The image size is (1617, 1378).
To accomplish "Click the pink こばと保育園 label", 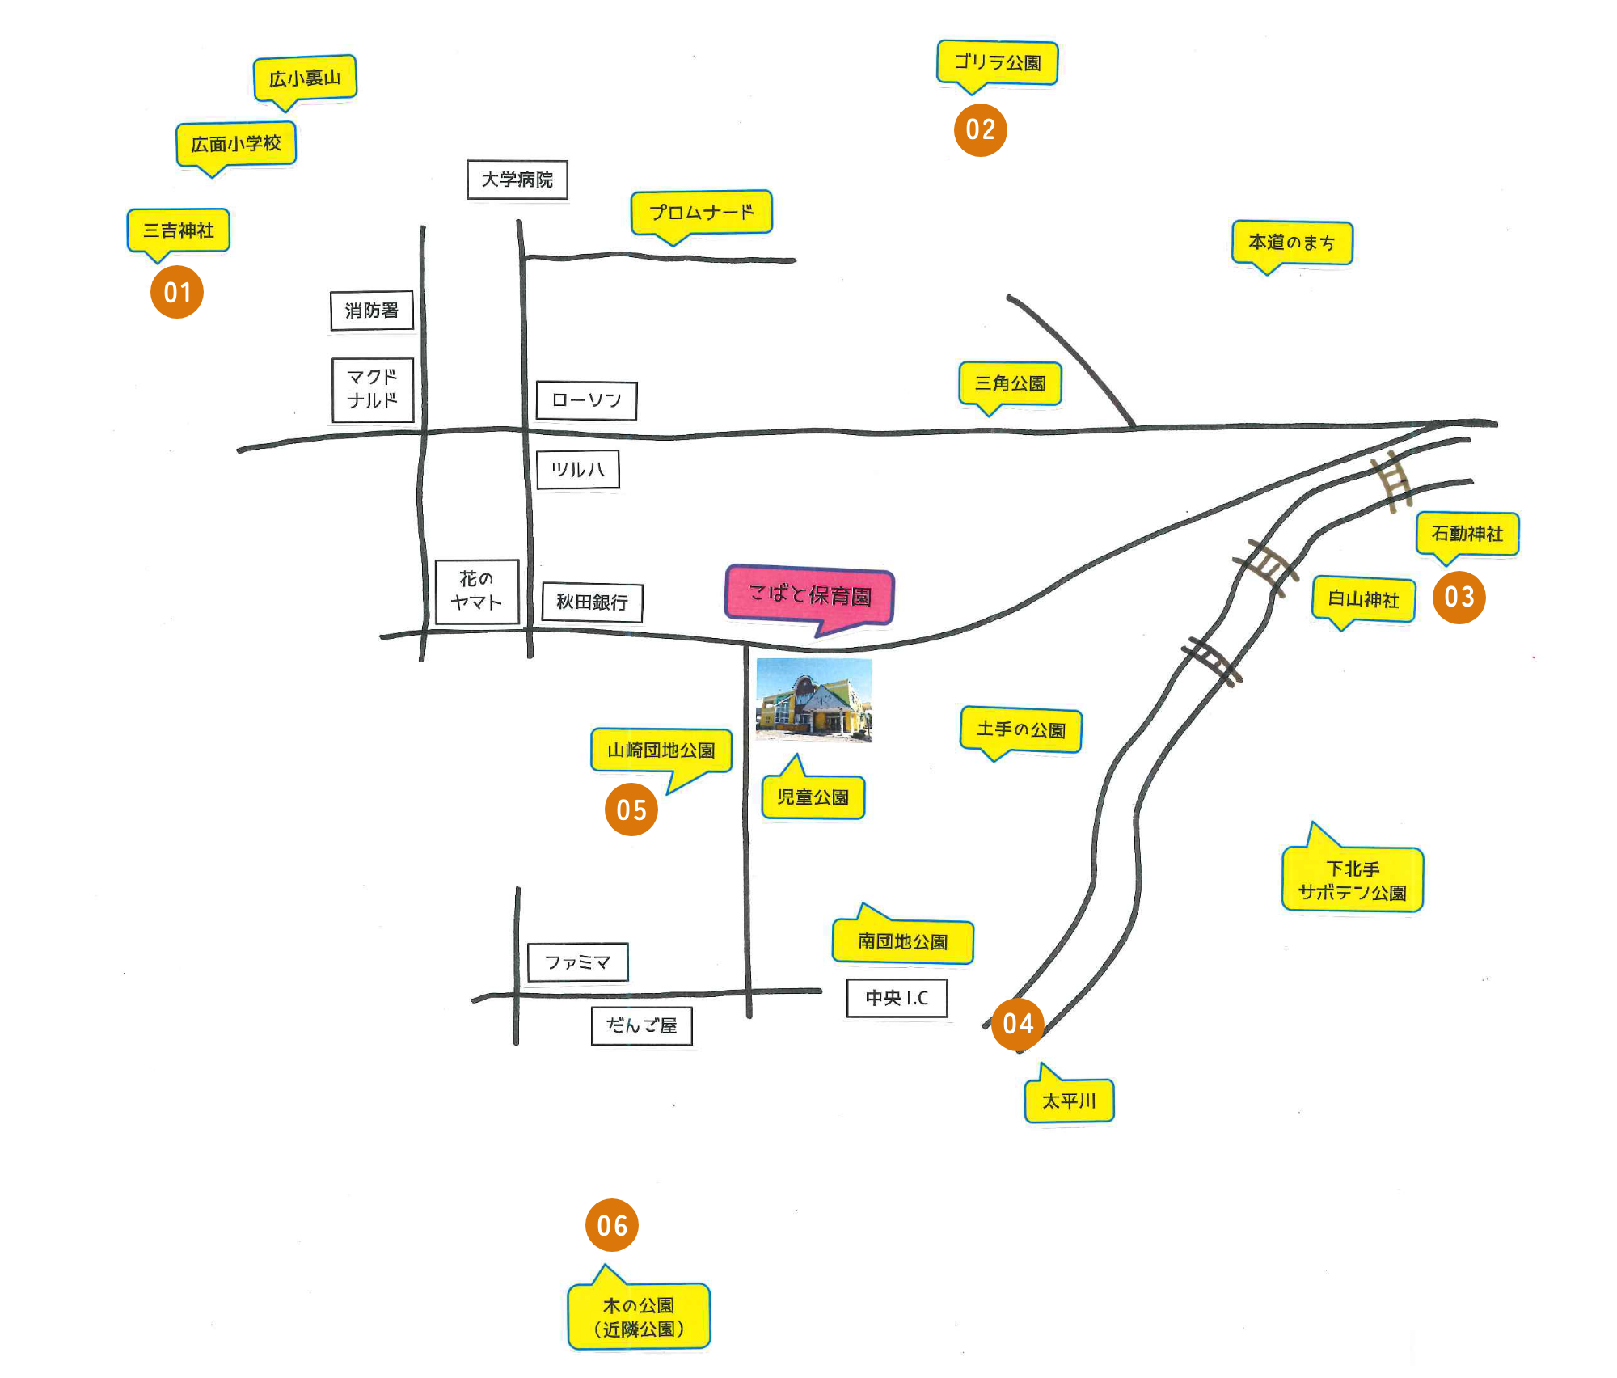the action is pos(809,596).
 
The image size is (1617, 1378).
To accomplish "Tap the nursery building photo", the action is pos(814,700).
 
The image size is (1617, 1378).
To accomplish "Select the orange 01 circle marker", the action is pos(177,292).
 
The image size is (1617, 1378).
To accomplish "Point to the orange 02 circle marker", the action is pos(981,129).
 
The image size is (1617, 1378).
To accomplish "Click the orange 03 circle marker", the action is pos(1459,597).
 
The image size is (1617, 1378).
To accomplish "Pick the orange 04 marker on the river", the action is pos(1018,1024).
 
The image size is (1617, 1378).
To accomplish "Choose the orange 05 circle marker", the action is pos(631,809).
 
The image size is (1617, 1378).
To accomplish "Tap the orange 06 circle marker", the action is pos(612,1225).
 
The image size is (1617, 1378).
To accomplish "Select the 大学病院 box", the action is pos(517,180).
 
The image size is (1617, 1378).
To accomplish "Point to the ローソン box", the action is pos(587,400).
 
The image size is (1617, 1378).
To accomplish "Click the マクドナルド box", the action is pos(373,390).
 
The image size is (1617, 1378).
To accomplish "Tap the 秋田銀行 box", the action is pos(592,602).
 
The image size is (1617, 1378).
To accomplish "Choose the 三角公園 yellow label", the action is pos(1010,385).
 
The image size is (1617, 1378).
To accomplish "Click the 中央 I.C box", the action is pos(897,998).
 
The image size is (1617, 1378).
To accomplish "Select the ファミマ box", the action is pos(577,962).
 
